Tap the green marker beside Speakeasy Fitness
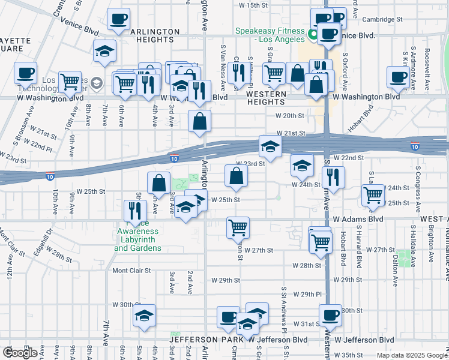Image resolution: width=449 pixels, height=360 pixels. pos(312,35)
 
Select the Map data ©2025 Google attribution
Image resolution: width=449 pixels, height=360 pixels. pos(411,355)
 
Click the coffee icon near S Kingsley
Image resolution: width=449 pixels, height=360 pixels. pos(398,76)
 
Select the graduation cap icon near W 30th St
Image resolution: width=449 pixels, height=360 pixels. pos(144,316)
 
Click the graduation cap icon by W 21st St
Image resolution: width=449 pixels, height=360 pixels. pos(270,146)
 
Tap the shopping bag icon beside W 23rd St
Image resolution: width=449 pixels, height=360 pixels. pos(237,175)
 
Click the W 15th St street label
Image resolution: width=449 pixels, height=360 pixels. pos(253,5)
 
